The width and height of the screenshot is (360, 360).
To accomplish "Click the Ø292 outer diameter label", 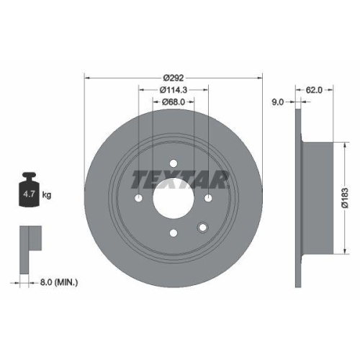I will pos(174,78).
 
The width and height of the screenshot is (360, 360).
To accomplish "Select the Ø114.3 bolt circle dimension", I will pos(173,90).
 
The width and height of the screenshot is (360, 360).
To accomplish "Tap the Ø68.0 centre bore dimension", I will pos(173,102).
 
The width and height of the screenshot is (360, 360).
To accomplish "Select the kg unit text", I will pos(48,194).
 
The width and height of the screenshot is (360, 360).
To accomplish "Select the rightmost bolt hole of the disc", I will pos(209,197).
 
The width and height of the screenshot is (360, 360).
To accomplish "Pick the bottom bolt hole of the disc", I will pos(174,232).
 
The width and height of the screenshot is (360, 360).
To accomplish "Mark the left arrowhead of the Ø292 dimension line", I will pos(87,78).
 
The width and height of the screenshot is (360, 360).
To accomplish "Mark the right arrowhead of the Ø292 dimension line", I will pos(261,78).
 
